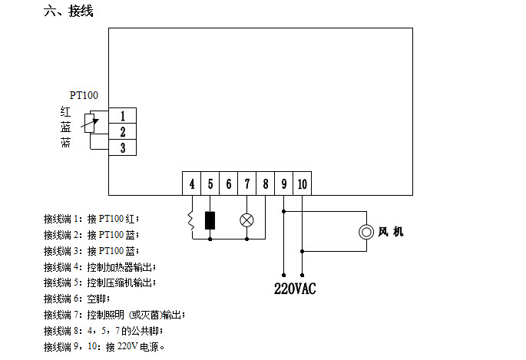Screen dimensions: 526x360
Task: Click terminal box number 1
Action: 122,116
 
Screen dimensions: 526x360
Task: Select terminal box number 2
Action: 122,131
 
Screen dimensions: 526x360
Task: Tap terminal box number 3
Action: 122,147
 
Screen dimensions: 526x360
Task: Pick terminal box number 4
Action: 191,183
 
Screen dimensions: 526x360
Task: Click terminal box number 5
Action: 210,183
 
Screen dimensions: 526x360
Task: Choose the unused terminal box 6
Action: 229,183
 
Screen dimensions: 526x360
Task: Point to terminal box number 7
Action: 247,183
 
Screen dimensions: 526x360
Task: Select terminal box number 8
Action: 266,183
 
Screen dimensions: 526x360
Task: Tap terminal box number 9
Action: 284,183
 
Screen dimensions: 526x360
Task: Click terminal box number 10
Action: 303,183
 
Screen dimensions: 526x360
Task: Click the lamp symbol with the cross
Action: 247,220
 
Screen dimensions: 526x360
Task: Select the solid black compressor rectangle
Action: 210,220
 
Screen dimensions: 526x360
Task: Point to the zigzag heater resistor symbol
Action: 191,220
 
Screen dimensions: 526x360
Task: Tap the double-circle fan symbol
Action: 366,232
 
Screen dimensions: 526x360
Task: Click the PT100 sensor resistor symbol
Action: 89,123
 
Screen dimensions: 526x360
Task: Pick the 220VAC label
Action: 295,289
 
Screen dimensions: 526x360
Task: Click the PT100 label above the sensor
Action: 84,95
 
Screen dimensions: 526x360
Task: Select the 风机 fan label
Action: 391,232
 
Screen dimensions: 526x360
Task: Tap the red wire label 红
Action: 66,111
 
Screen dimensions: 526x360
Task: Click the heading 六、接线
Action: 68,11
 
